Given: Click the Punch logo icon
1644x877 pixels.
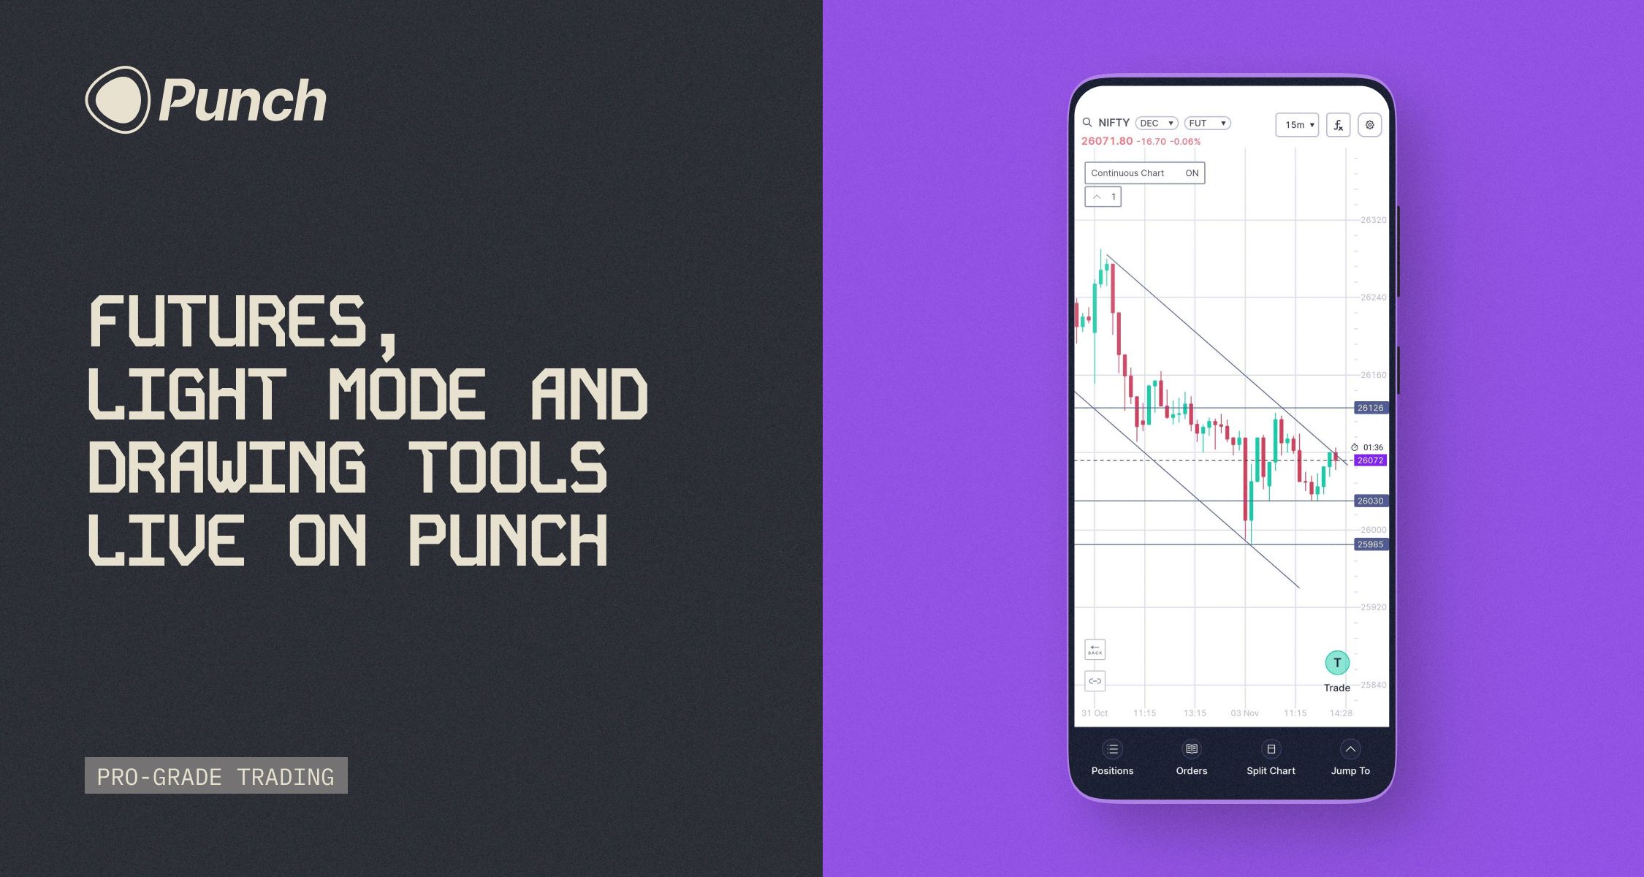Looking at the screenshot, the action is [x=118, y=99].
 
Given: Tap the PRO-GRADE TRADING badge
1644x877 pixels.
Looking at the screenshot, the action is [x=216, y=776].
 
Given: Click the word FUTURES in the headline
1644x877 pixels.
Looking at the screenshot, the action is [x=227, y=322].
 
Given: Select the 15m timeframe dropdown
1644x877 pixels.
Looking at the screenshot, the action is [x=1297, y=125].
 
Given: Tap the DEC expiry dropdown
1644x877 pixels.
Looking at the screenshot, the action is [x=1157, y=124].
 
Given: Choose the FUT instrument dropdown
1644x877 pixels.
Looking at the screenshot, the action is [x=1207, y=124].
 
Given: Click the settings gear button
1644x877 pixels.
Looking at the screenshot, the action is [x=1370, y=125].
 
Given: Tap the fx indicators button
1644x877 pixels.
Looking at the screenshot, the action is [x=1338, y=125].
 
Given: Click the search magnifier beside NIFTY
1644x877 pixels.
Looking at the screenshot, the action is [x=1087, y=123].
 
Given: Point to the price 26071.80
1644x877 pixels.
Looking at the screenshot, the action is [x=1107, y=141].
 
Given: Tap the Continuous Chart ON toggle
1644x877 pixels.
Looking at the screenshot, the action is [x=1144, y=173].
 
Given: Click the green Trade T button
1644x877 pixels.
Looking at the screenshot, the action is [x=1337, y=663].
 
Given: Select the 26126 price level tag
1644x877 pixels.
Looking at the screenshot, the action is [x=1370, y=408].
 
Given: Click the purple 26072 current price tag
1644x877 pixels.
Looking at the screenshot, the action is [x=1370, y=460].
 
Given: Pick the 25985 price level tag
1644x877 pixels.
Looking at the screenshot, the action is [x=1370, y=544].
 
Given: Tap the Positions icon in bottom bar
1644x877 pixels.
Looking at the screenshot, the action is [x=1112, y=749].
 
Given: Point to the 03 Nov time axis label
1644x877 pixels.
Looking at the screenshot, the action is [x=1244, y=713].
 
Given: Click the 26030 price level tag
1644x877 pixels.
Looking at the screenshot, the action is [x=1370, y=501].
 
